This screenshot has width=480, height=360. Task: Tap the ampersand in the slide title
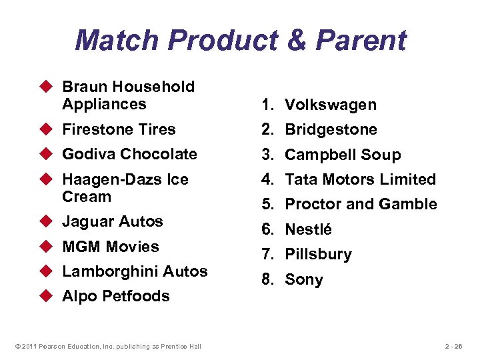pyautogui.click(x=293, y=40)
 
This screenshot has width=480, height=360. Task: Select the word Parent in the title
pyautogui.click(x=361, y=40)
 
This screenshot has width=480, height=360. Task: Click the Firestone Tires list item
pyautogui.click(x=119, y=129)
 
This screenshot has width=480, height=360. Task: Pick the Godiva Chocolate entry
pyautogui.click(x=129, y=154)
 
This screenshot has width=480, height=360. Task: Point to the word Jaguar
pyautogui.click(x=86, y=221)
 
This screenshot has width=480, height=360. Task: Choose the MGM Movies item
pyautogui.click(x=110, y=247)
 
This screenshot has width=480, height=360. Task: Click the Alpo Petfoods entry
pyautogui.click(x=115, y=296)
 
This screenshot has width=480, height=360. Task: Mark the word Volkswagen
pyautogui.click(x=331, y=105)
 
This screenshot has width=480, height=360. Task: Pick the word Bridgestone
pyautogui.click(x=331, y=129)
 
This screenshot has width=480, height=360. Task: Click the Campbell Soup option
pyautogui.click(x=343, y=155)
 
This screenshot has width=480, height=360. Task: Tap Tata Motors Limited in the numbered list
pyautogui.click(x=360, y=179)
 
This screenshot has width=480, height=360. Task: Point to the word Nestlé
pyautogui.click(x=308, y=229)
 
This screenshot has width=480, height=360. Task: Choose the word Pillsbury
pyautogui.click(x=318, y=254)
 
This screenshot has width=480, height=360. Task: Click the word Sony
pyautogui.click(x=303, y=279)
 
